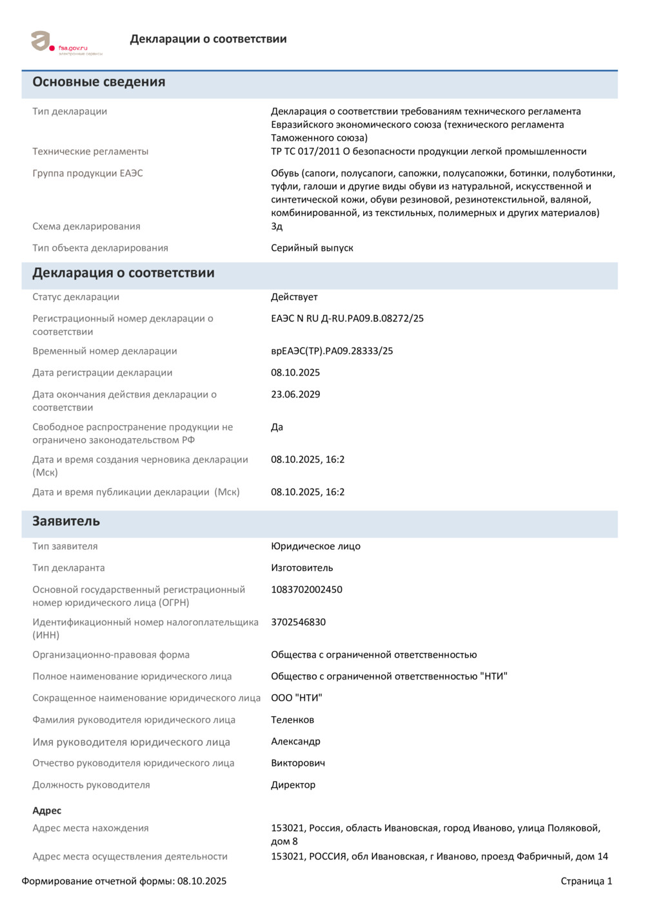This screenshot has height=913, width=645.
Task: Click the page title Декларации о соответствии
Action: pyautogui.click(x=208, y=39)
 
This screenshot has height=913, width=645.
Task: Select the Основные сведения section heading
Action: pyautogui.click(x=99, y=82)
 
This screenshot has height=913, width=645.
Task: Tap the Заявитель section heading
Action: pyautogui.click(x=66, y=521)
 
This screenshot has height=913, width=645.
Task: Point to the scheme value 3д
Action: pyautogui.click(x=277, y=226)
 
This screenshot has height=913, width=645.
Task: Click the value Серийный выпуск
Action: pyautogui.click(x=312, y=248)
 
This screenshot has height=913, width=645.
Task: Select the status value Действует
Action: pyautogui.click(x=294, y=297)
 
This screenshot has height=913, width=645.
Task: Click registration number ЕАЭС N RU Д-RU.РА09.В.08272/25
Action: pyautogui.click(x=347, y=318)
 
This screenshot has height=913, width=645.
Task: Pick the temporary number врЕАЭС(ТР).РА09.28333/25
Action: pyautogui.click(x=332, y=351)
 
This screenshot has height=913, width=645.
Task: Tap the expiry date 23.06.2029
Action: pyautogui.click(x=295, y=394)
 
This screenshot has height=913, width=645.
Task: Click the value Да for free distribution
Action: pyautogui.click(x=277, y=427)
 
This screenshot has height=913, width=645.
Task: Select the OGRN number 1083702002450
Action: pyautogui.click(x=306, y=589)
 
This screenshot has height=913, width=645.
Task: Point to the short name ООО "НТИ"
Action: pyautogui.click(x=296, y=697)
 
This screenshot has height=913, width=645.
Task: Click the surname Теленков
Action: pyautogui.click(x=292, y=719)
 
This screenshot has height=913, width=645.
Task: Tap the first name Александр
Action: pyautogui.click(x=295, y=741)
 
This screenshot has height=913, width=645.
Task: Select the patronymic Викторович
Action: pyautogui.click(x=298, y=763)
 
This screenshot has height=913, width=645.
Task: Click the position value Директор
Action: pyautogui.click(x=293, y=785)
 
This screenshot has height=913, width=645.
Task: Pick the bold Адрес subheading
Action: pyautogui.click(x=47, y=810)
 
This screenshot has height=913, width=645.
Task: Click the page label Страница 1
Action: pyautogui.click(x=586, y=881)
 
